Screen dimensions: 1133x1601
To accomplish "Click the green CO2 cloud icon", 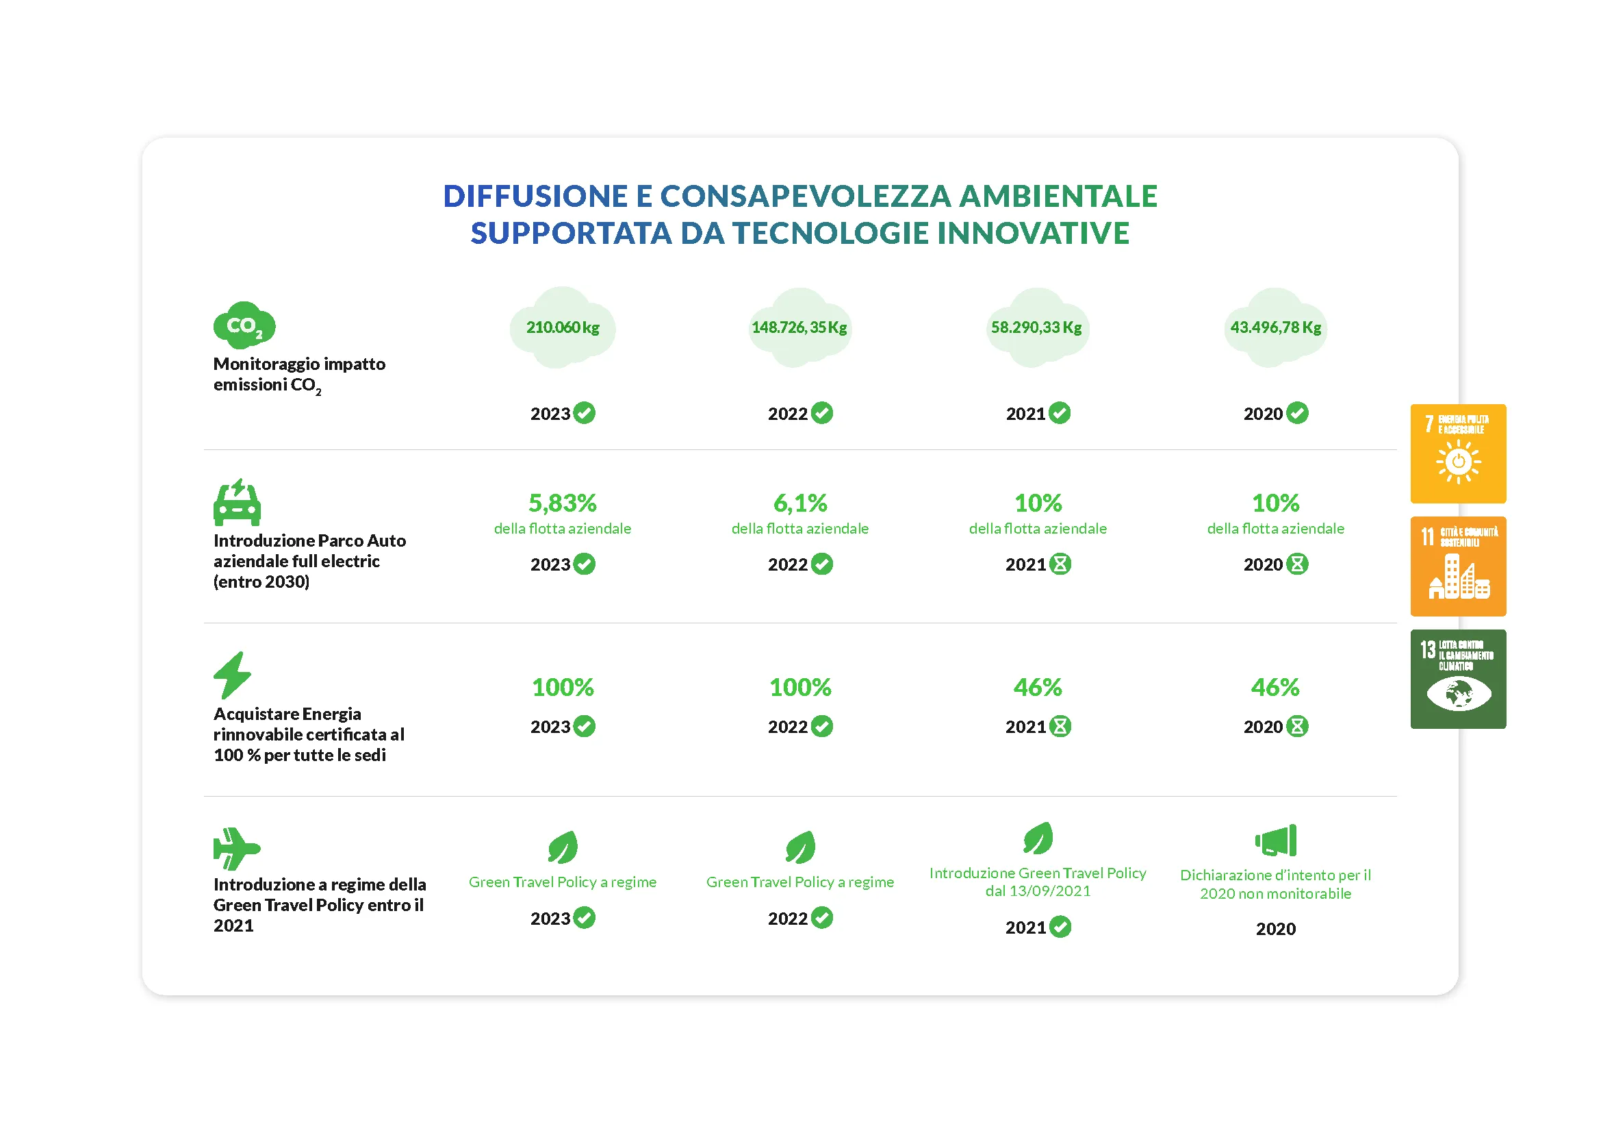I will [244, 325].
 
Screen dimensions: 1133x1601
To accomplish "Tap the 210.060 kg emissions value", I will [562, 327].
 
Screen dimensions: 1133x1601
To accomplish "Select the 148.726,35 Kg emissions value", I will [799, 327].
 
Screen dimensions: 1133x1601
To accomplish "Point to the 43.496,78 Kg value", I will [1275, 327].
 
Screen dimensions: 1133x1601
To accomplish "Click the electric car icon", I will [237, 502].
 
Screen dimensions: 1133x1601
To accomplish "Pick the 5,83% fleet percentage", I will [562, 502].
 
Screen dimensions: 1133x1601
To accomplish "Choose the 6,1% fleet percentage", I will [799, 502].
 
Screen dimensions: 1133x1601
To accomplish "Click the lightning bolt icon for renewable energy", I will [231, 675].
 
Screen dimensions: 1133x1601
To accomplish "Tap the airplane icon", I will [235, 848].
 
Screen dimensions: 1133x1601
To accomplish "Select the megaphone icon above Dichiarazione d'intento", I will [1275, 840].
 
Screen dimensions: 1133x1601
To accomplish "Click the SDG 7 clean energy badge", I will [1457, 453].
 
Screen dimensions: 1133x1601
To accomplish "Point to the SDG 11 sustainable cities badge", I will [1457, 566].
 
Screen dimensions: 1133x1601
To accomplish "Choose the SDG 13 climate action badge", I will [1457, 679].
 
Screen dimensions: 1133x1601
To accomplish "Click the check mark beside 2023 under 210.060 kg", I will [585, 413].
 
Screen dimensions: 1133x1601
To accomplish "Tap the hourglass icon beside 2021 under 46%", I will [1060, 726].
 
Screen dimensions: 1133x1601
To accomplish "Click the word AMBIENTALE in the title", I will [1058, 196].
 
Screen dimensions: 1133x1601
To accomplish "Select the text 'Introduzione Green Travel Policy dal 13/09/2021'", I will [1038, 882].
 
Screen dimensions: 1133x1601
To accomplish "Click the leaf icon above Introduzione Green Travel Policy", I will [1038, 838].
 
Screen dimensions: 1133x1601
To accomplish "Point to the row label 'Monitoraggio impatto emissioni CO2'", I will [299, 375].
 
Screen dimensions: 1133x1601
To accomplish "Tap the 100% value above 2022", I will [799, 687].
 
